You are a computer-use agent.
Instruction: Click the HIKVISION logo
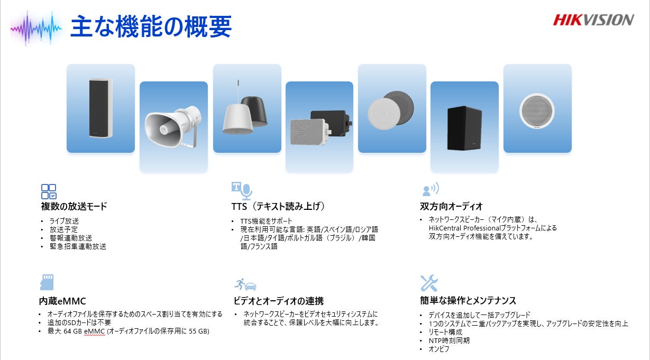(593, 20)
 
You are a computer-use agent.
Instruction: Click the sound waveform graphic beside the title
(36, 29)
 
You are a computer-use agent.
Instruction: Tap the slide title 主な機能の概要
(151, 26)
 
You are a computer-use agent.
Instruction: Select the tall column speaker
(100, 108)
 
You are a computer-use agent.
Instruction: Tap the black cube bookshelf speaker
(464, 128)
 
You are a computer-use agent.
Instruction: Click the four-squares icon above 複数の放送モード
(49, 191)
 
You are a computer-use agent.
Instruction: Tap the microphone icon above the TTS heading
(246, 191)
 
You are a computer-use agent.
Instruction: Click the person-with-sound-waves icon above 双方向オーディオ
(431, 189)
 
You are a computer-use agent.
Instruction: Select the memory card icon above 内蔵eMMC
(47, 282)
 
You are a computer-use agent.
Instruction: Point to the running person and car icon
(245, 284)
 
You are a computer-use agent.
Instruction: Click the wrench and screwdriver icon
(429, 283)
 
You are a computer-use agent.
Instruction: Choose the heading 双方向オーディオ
(451, 206)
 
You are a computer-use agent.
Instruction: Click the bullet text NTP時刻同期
(449, 340)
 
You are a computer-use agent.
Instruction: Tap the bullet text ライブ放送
(64, 221)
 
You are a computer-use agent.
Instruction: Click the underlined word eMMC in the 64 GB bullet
(94, 331)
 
